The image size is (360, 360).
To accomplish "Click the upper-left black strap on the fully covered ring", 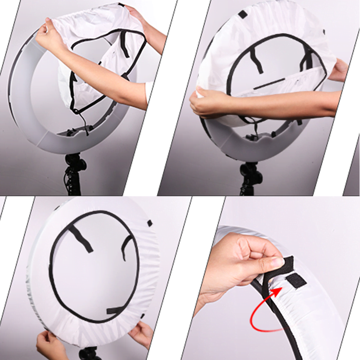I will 81,238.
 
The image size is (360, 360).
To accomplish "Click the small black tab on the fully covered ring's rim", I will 149,223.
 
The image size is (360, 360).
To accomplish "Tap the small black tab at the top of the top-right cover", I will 243,14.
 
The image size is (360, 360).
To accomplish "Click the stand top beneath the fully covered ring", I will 90,353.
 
